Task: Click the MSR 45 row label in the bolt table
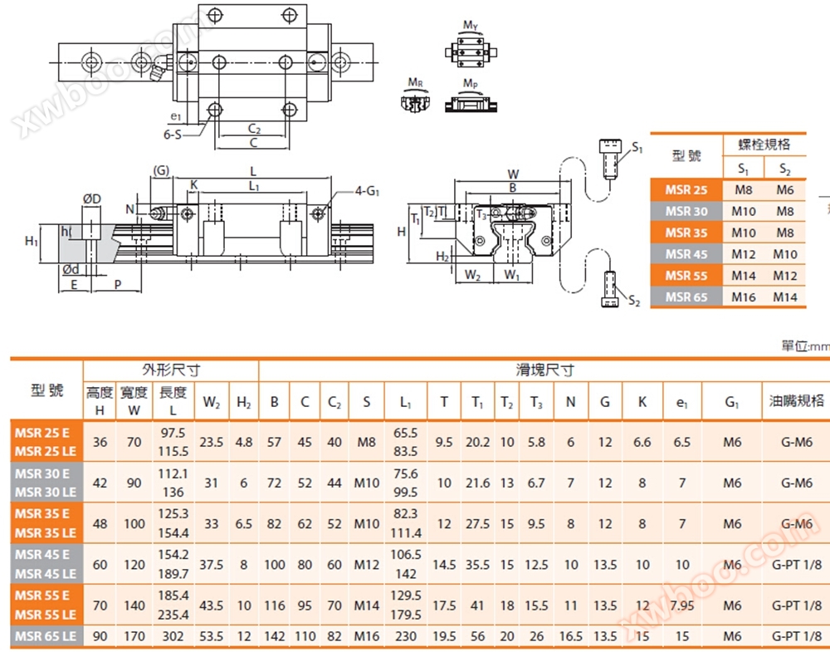coord(686,254)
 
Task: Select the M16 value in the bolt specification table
coord(743,297)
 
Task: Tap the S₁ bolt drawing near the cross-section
coord(610,158)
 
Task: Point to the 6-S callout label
coord(172,135)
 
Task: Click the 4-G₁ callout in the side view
coord(367,191)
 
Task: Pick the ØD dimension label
coord(91,199)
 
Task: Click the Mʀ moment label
coord(416,82)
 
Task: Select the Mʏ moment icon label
coord(470,25)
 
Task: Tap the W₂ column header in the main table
coord(211,403)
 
